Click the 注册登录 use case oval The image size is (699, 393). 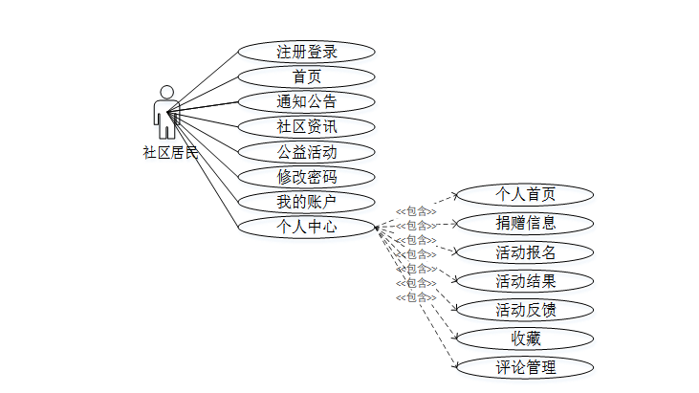pos(306,52)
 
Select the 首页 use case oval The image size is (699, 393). pos(306,76)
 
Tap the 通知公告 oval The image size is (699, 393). pos(306,101)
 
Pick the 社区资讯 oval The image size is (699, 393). pos(306,126)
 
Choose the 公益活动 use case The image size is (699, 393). pos(306,151)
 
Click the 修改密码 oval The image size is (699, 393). pos(306,176)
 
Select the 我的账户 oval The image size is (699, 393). pos(306,202)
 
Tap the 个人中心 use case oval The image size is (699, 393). pos(306,227)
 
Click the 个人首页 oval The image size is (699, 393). pos(525,194)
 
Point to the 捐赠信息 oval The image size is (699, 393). pos(525,223)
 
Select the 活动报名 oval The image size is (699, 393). pos(525,252)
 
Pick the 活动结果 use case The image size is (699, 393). pos(525,281)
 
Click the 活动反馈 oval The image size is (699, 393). pos(525,310)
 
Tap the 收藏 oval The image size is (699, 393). pos(525,338)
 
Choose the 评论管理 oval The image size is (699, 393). pos(525,367)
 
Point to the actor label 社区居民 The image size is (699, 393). pos(170,151)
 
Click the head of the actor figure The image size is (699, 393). pos(167,92)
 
